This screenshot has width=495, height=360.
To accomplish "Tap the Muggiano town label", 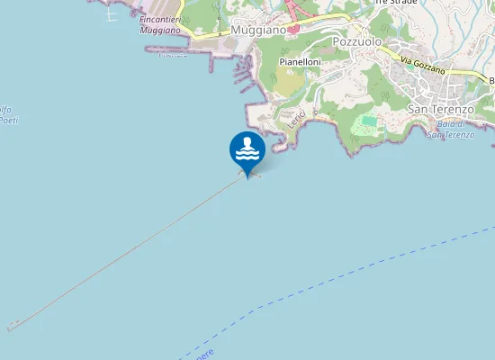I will pyautogui.click(x=257, y=30).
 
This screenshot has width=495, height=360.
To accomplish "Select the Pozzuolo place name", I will pyautogui.click(x=357, y=41).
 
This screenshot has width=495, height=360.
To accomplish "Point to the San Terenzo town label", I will pyautogui.click(x=441, y=109).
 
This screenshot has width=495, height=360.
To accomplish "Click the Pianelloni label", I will pyautogui.click(x=301, y=61).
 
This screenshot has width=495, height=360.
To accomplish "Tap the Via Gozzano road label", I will pyautogui.click(x=424, y=67).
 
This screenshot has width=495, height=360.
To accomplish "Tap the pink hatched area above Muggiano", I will pyautogui.click(x=295, y=9).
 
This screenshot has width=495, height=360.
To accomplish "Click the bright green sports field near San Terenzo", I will pyautogui.click(x=370, y=121).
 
